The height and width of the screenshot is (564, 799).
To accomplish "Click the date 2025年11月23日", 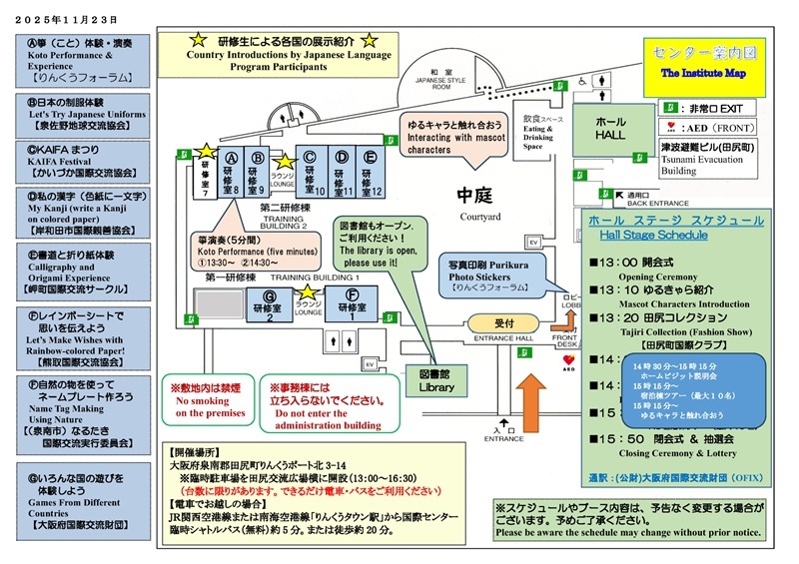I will tap(63, 19).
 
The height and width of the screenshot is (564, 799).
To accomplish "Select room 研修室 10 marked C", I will tap(313, 171).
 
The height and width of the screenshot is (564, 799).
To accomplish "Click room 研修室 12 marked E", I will tap(371, 171).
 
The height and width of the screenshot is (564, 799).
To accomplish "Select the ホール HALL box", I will tap(612, 124).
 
